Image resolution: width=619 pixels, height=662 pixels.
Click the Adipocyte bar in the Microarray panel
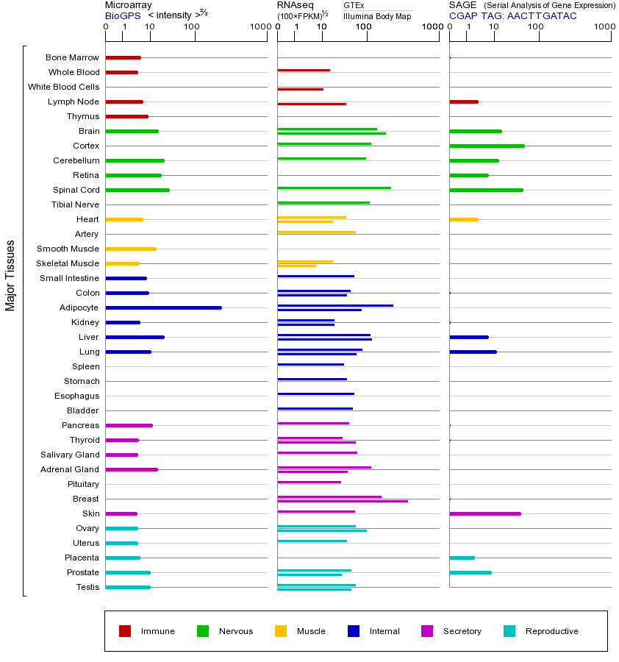pyautogui.click(x=163, y=307)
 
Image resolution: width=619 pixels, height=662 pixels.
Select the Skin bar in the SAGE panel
pyautogui.click(x=484, y=513)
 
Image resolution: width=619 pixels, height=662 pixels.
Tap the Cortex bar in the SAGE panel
pyautogui.click(x=487, y=146)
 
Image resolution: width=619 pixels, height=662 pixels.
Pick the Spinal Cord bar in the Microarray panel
pyautogui.click(x=137, y=190)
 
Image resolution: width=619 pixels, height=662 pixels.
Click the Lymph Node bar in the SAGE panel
pyautogui.click(x=463, y=102)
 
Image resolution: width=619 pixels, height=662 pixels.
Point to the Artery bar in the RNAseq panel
pyautogui.click(x=316, y=232)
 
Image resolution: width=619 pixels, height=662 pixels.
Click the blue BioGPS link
pyautogui.click(x=122, y=15)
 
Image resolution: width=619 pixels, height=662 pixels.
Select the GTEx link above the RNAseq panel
pyautogui.click(x=354, y=5)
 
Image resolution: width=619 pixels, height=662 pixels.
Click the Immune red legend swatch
pyautogui.click(x=125, y=631)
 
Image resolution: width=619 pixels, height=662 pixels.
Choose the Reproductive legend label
pyautogui.click(x=551, y=631)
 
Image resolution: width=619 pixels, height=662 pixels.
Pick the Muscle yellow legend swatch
pyautogui.click(x=281, y=631)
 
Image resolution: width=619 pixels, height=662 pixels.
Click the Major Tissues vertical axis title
pyautogui.click(x=10, y=275)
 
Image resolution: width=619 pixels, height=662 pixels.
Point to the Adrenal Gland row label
pyautogui.click(x=70, y=469)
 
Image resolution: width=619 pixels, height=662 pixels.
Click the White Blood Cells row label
pyautogui.click(x=63, y=87)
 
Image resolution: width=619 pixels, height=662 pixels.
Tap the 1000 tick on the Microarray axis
pyautogui.click(x=259, y=27)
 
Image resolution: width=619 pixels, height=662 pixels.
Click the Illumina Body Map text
pyautogui.click(x=377, y=16)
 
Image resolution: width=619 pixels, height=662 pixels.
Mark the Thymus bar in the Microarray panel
pyautogui.click(x=126, y=116)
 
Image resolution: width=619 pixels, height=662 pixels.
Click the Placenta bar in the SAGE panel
pyautogui.click(x=462, y=558)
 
